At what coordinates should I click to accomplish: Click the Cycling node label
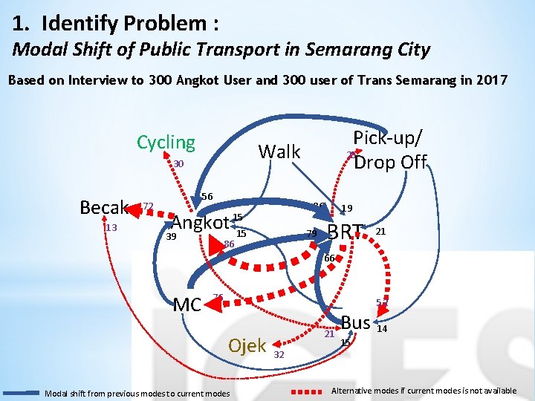pyautogui.click(x=166, y=142)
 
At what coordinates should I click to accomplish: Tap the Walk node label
pyautogui.click(x=279, y=151)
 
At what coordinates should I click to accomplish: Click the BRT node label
pyautogui.click(x=346, y=232)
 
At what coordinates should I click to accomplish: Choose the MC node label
pyautogui.click(x=187, y=304)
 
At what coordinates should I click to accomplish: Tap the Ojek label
pyautogui.click(x=247, y=345)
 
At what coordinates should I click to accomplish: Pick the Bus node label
pyautogui.click(x=356, y=322)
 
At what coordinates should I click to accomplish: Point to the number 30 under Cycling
pyautogui.click(x=178, y=164)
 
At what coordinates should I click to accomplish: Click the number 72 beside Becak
pyautogui.click(x=148, y=206)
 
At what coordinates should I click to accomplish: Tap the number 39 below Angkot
pyautogui.click(x=171, y=236)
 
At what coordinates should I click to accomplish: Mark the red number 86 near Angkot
pyautogui.click(x=229, y=244)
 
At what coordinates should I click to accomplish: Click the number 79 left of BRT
pyautogui.click(x=311, y=235)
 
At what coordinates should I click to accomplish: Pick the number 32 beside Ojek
pyautogui.click(x=279, y=354)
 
